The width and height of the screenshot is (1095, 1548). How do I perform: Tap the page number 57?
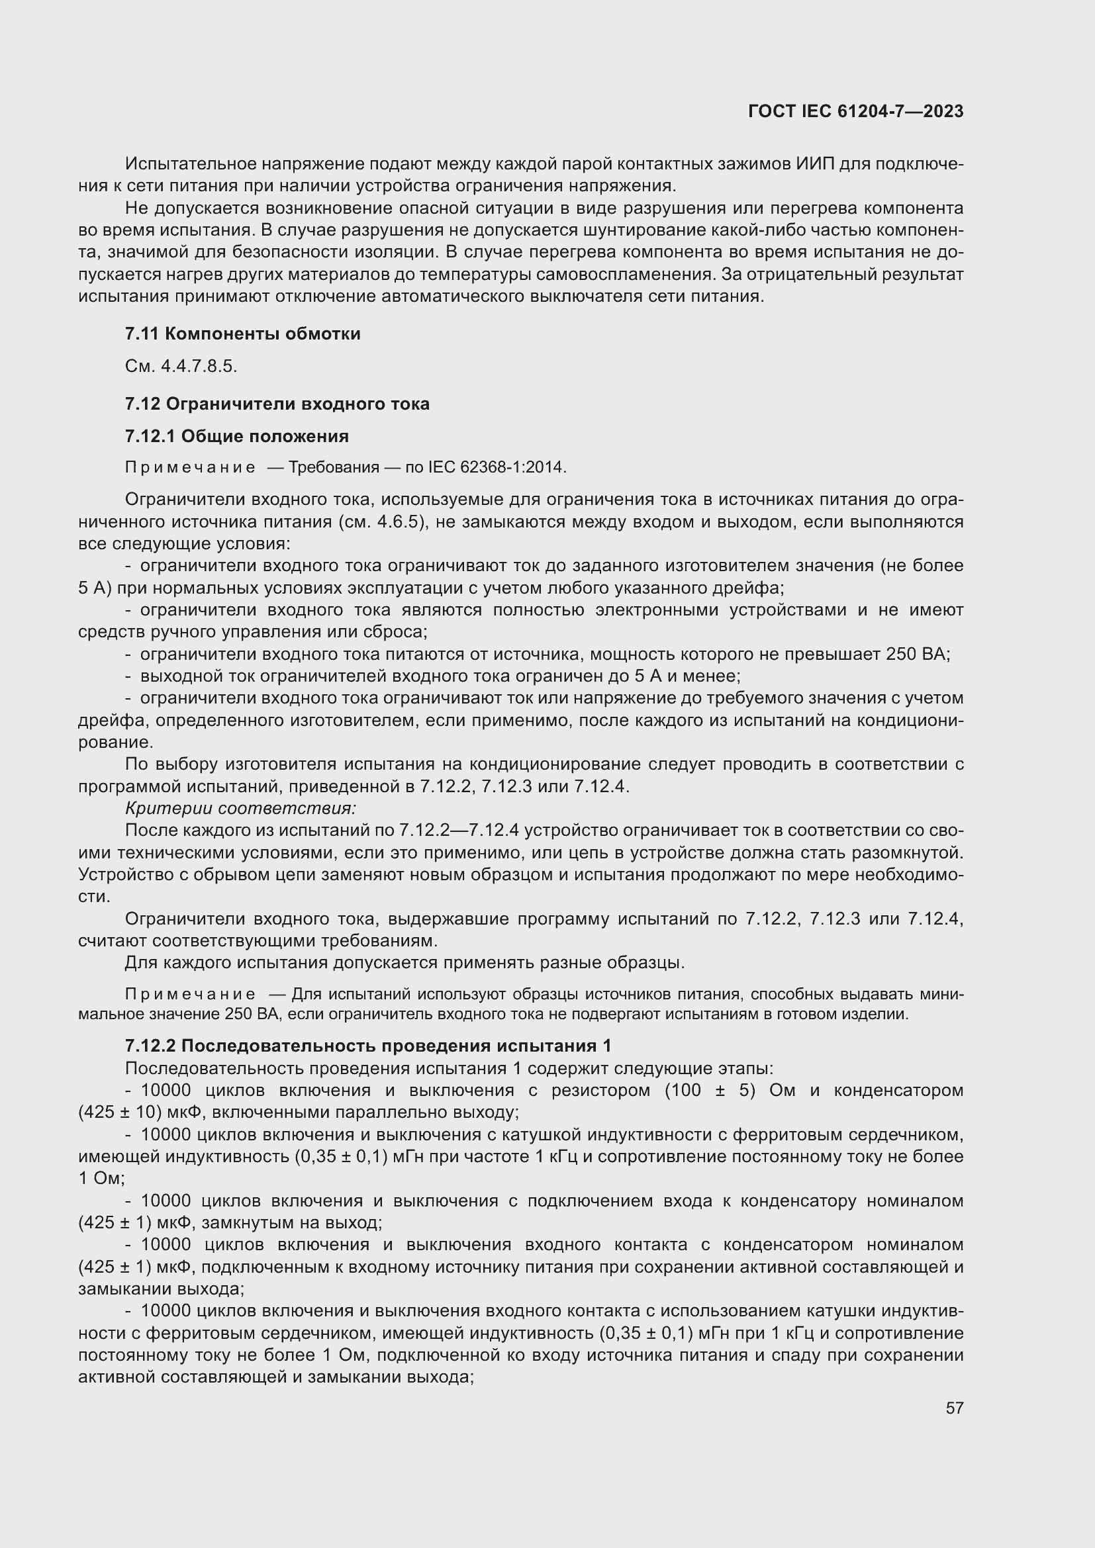point(954,1408)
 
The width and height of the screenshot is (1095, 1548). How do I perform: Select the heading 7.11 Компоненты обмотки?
point(243,334)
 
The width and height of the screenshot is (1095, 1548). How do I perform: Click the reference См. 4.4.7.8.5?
point(181,366)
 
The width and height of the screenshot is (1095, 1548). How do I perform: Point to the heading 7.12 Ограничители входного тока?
point(277,404)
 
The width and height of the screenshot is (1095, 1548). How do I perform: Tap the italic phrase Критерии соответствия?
point(240,807)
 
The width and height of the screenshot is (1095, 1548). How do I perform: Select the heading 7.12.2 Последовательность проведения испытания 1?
point(368,1046)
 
